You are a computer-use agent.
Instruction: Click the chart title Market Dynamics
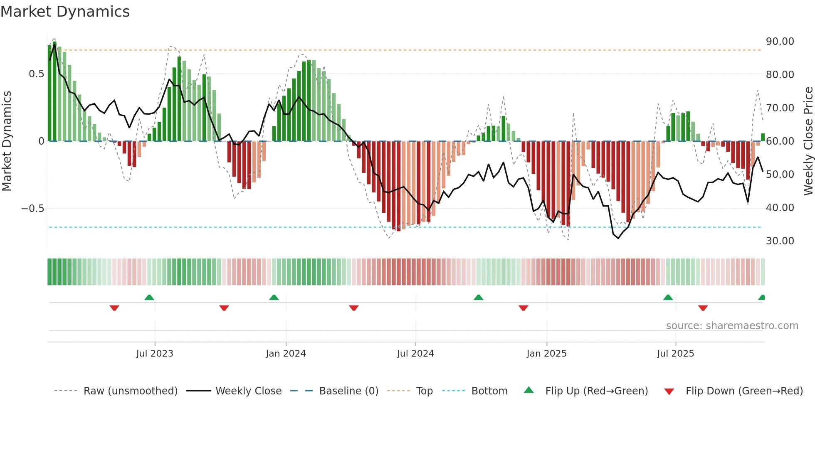point(65,12)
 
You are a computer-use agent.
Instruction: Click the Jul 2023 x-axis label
point(155,353)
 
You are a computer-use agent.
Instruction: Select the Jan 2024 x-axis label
point(286,353)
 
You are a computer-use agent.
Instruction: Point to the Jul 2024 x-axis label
point(415,353)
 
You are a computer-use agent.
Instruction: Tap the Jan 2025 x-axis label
point(546,353)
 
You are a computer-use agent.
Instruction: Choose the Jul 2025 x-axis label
point(675,353)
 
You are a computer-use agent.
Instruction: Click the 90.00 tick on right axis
point(780,42)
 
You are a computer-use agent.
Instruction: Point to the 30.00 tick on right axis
point(780,241)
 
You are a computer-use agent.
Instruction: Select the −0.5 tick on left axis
point(33,209)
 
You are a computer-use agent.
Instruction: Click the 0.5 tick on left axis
point(36,74)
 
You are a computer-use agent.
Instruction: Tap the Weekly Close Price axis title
point(808,141)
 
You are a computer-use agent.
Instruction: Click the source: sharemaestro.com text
point(732,326)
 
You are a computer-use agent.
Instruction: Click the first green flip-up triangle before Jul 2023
point(149,297)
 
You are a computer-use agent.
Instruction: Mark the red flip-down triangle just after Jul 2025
point(703,308)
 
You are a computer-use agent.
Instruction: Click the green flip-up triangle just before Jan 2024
point(274,297)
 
